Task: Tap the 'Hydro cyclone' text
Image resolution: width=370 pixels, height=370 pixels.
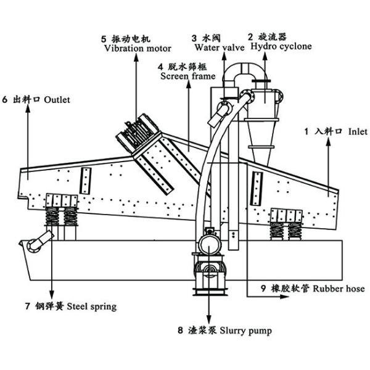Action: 280,46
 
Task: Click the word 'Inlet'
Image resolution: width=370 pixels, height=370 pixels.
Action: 357,131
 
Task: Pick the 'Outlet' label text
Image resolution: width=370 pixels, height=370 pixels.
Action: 57,99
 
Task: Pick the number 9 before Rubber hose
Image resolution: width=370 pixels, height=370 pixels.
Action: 263,288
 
